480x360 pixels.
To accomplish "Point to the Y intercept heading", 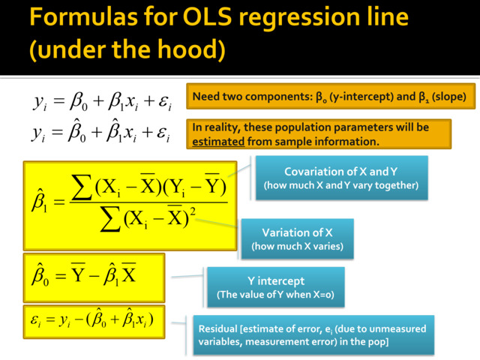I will tap(275, 280).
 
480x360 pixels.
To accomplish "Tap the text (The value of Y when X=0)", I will tap(275, 294).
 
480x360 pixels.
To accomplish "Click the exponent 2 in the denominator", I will tap(193, 211).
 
